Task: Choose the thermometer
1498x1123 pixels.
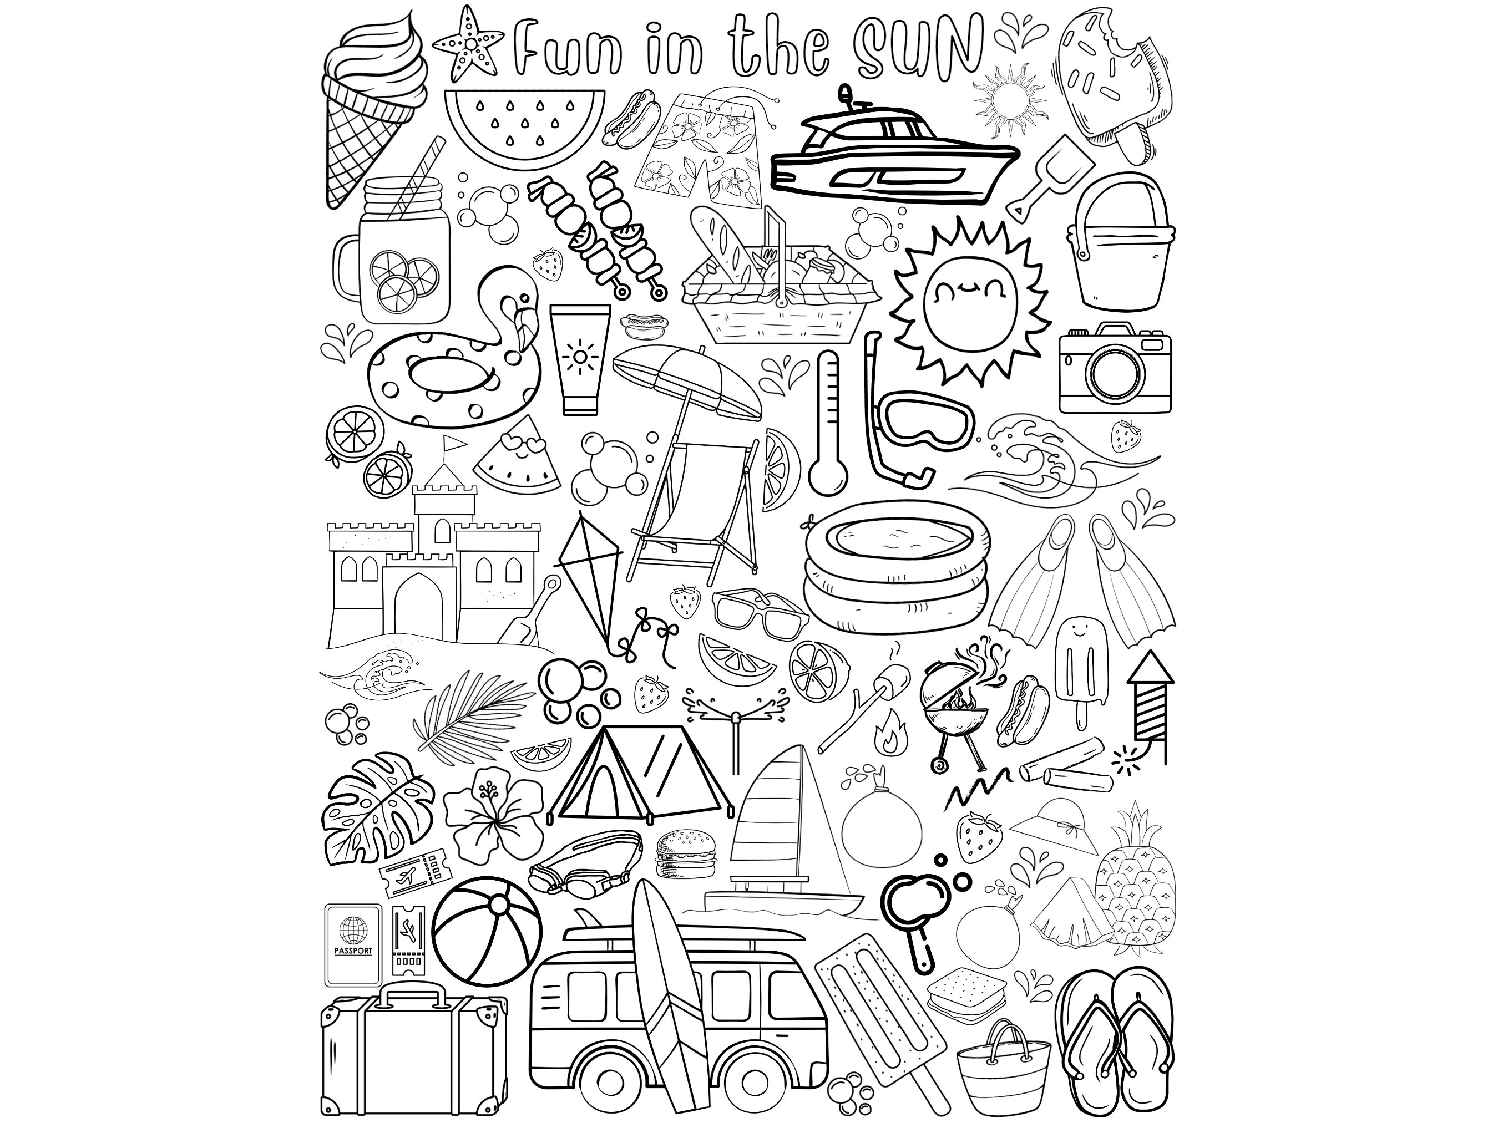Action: pos(828,423)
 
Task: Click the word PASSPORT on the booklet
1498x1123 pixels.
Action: pos(353,951)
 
